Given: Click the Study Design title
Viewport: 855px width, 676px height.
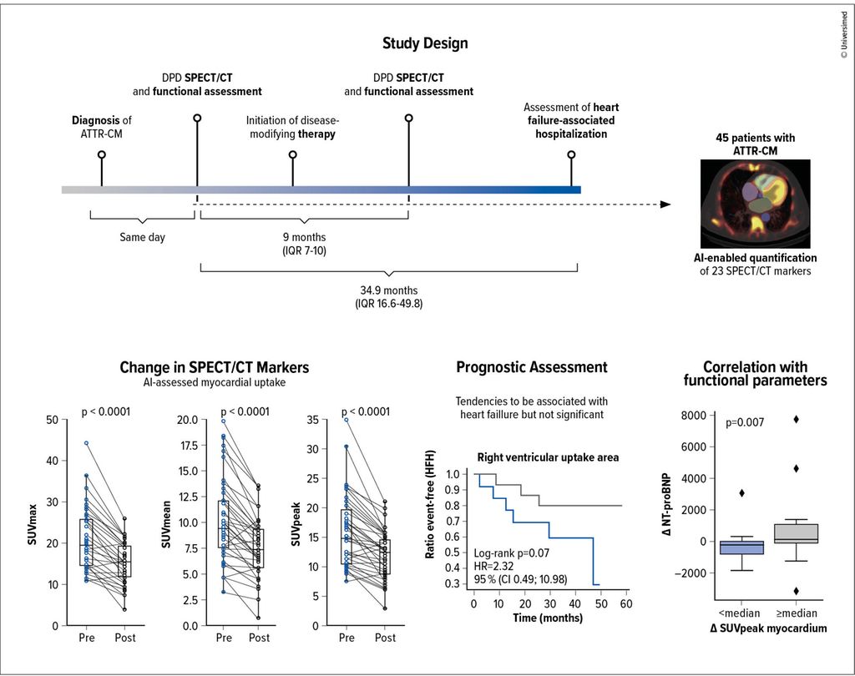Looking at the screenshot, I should click(x=425, y=43).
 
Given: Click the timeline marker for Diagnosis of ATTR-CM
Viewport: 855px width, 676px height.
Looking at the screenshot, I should click(x=102, y=154).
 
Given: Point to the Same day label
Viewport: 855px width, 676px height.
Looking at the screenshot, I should click(x=142, y=238).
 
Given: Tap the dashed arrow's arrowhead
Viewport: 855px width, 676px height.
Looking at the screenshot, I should click(x=665, y=204).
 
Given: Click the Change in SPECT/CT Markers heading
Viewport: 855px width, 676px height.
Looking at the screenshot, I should click(x=215, y=367).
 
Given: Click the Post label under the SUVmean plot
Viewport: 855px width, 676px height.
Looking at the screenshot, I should click(x=259, y=638).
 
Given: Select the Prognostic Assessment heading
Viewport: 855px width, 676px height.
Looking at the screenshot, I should click(x=532, y=367).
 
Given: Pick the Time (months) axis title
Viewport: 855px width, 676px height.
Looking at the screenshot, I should click(x=548, y=618).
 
